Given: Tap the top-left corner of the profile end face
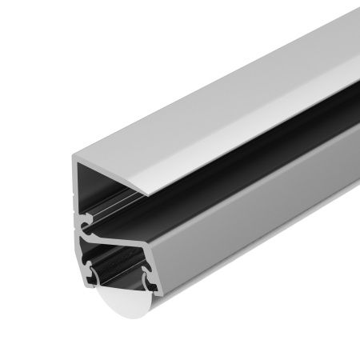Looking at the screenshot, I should (78, 159).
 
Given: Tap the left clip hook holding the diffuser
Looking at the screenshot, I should (94, 276).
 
